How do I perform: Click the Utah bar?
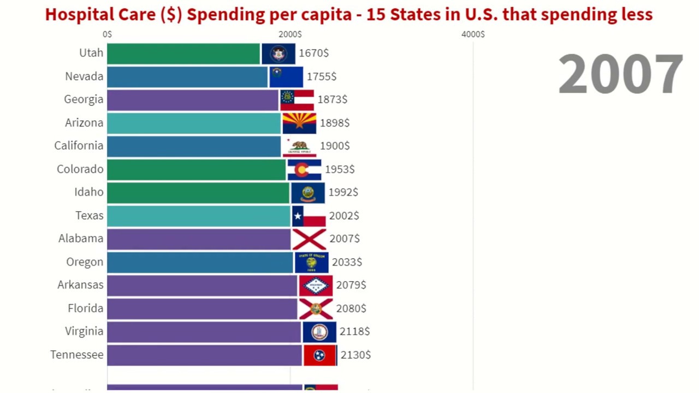[183, 53]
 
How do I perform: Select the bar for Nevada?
[187, 77]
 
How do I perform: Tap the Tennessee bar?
[204, 355]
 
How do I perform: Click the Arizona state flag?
[299, 123]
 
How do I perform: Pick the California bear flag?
[299, 146]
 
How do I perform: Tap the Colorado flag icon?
[304, 170]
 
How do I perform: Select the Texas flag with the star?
[309, 216]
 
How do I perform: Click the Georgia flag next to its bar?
[297, 100]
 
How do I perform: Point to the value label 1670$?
[313, 53]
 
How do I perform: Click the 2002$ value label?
[344, 216]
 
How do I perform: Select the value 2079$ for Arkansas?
[351, 285]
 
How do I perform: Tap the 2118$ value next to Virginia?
[354, 331]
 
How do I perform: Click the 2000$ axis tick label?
[290, 34]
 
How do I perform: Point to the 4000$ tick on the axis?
[473, 34]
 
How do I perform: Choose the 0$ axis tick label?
[108, 34]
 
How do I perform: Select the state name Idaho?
[89, 192]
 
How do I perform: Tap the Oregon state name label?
[85, 262]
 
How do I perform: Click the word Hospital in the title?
[74, 15]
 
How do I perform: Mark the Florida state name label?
[86, 308]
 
